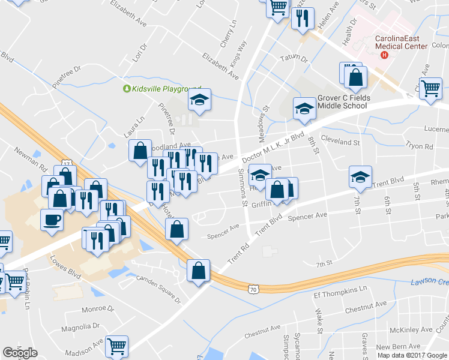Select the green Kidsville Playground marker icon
point(127,89)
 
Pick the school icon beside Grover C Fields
point(304,109)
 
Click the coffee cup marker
point(51,219)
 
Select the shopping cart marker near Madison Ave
point(117,346)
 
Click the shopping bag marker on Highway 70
point(198,271)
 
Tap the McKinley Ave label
point(411,329)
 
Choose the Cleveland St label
point(340,143)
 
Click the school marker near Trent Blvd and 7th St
point(360,176)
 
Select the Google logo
point(20,353)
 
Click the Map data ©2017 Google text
point(412,355)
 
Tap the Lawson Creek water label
point(430,282)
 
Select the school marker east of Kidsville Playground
point(200,100)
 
